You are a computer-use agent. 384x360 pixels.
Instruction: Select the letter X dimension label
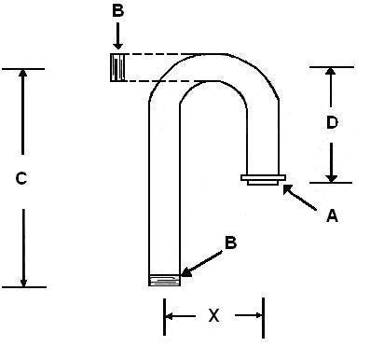213,316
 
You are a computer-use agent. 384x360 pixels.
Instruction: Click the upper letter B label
117,11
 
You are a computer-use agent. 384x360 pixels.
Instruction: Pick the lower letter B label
231,243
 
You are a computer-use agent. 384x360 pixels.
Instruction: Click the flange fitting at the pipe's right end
264,179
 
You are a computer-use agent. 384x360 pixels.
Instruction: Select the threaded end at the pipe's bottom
164,278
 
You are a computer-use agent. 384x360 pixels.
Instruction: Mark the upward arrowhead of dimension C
23,76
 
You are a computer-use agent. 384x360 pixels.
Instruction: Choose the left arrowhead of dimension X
171,316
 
